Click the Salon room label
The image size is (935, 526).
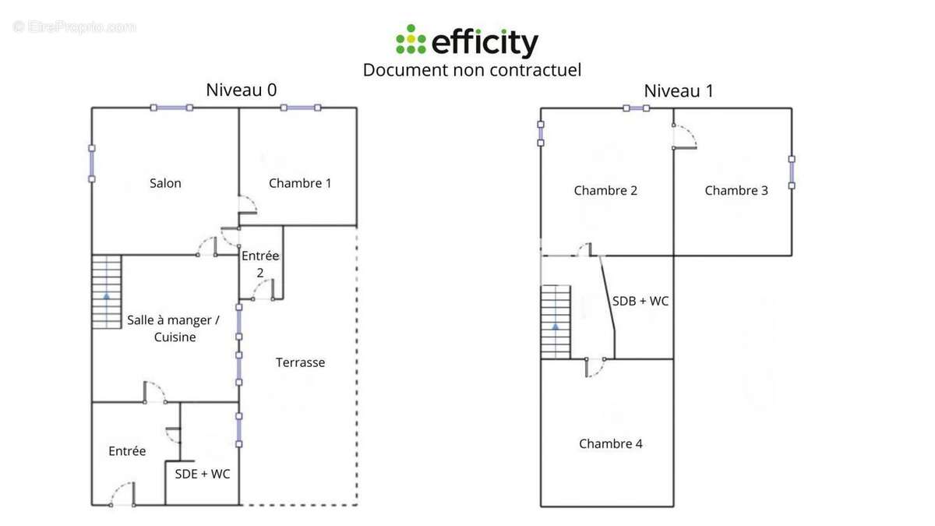(x=165, y=183)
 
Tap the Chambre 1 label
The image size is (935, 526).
(x=300, y=183)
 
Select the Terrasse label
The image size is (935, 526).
(x=300, y=362)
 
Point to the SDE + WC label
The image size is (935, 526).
(x=202, y=474)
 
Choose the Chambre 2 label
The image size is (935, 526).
(x=605, y=190)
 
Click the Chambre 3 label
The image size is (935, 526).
(x=736, y=190)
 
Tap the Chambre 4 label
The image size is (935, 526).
(x=611, y=443)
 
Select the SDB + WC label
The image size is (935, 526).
(x=640, y=301)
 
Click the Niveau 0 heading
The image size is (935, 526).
(x=241, y=90)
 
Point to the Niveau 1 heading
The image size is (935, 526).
(x=679, y=91)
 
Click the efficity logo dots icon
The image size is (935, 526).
(x=411, y=40)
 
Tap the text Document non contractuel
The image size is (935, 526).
(x=472, y=69)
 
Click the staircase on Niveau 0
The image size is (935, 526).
(x=107, y=291)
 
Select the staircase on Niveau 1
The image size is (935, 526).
(x=556, y=321)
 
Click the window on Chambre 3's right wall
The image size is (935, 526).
(x=792, y=172)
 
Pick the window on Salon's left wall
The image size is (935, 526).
(x=91, y=163)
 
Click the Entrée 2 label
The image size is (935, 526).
(x=260, y=263)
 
